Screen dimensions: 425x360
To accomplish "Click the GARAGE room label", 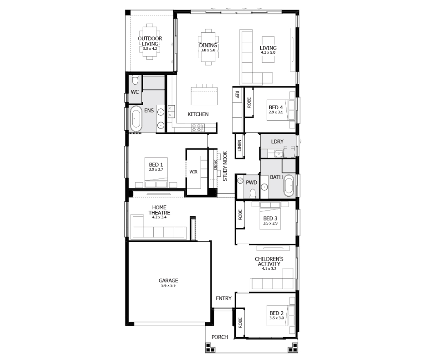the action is (168, 281).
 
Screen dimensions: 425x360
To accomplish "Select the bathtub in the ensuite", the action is (136, 119).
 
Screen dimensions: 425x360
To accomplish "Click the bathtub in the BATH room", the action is (289, 186).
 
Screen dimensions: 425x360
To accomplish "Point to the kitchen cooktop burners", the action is (198, 128).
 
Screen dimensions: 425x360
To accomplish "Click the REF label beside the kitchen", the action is (237, 94).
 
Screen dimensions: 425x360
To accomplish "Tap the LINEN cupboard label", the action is (239, 146).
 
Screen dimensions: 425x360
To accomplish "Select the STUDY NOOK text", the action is (225, 166).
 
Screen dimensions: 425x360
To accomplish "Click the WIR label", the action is (193, 172).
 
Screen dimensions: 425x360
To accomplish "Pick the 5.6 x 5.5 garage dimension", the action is (168, 286).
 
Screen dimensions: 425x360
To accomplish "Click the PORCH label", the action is (219, 337).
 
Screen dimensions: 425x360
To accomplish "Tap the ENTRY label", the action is (224, 298).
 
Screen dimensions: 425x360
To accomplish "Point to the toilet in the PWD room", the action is (253, 193).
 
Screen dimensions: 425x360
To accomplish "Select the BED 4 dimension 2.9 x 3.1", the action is (276, 112).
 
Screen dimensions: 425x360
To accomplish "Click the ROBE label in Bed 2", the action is (240, 322).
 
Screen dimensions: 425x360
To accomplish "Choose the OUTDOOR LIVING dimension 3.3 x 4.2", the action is (150, 49).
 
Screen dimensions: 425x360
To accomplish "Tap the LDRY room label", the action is (277, 142).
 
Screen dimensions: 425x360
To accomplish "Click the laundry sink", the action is (278, 154).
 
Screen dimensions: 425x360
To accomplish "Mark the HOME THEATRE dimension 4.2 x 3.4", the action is (159, 217).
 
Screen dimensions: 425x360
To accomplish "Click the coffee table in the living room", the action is (268, 49).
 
